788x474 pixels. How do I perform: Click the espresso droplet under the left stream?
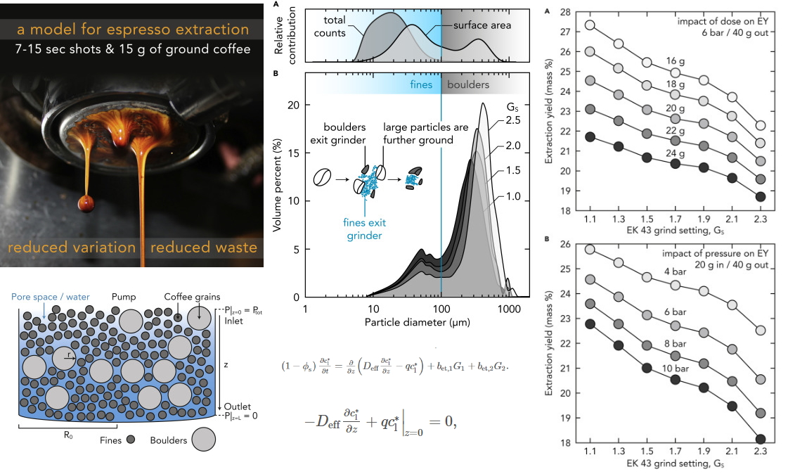click(x=86, y=203)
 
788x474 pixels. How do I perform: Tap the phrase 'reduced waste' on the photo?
click(x=204, y=247)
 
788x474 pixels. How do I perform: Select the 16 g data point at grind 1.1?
click(x=590, y=25)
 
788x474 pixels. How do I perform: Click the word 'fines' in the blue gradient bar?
click(x=421, y=84)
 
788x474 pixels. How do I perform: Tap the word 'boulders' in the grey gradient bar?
click(x=468, y=84)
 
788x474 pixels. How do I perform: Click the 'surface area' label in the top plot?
click(x=482, y=25)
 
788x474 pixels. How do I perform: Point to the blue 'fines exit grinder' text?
click(x=365, y=229)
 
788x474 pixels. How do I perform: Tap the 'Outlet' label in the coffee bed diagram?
click(x=235, y=406)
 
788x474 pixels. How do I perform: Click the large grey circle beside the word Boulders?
click(x=204, y=440)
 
